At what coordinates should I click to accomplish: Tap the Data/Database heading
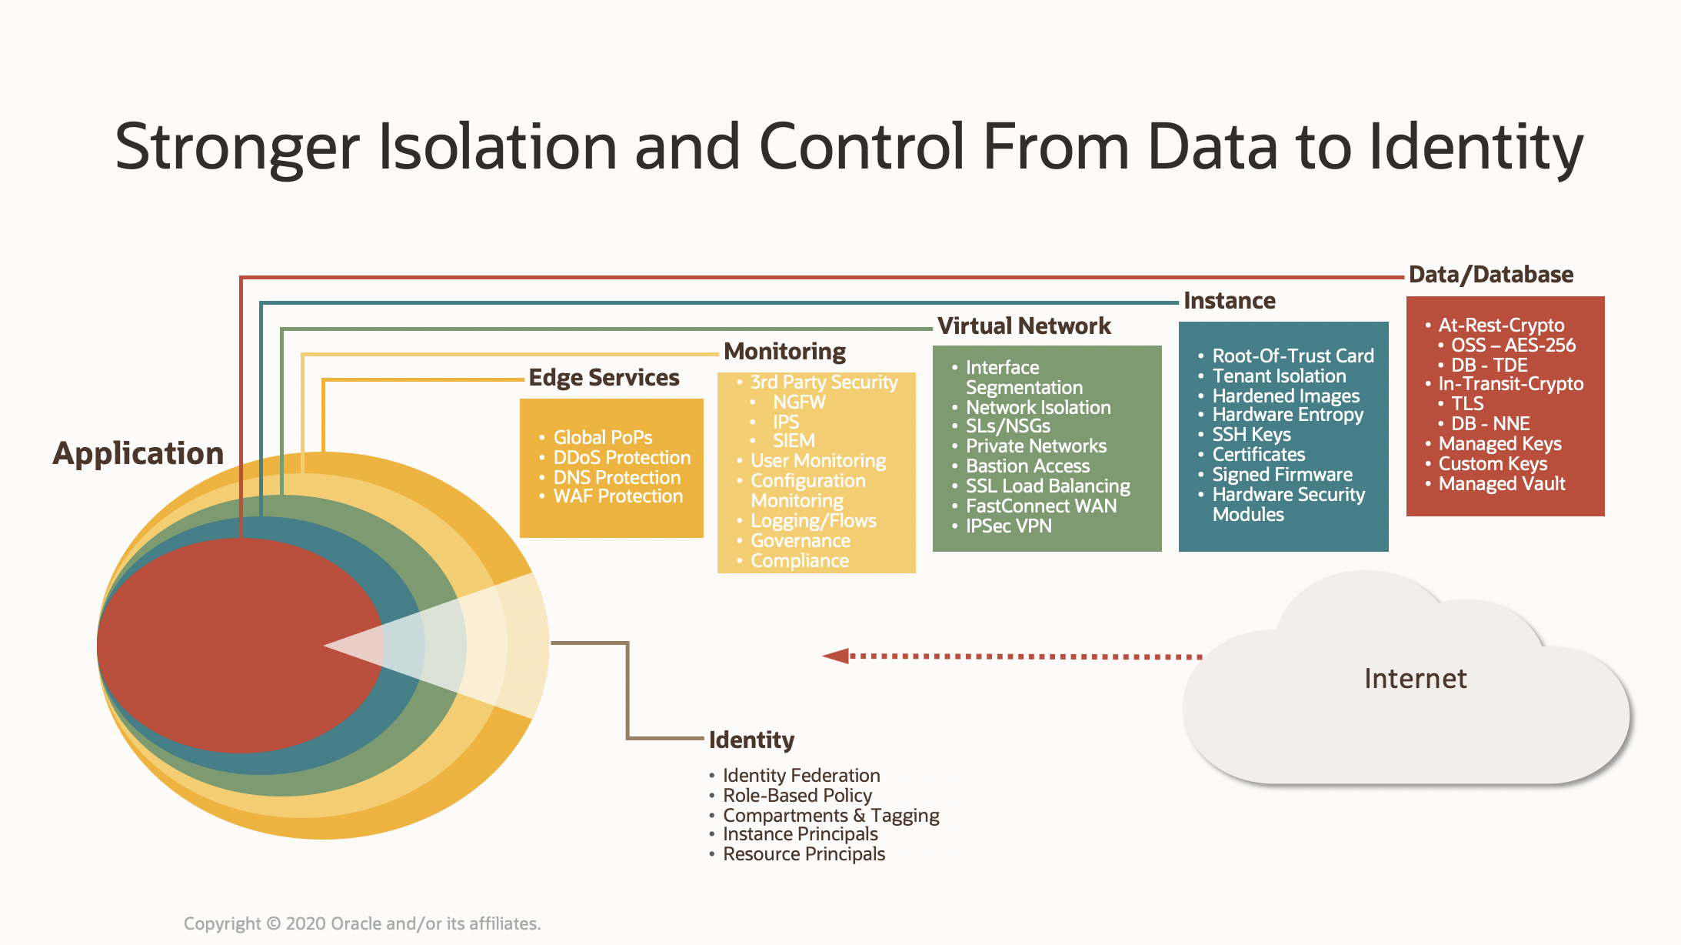pos(1490,275)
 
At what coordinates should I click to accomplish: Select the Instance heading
pos(1229,301)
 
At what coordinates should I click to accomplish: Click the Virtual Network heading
pos(1024,326)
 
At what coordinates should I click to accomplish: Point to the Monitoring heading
pos(784,352)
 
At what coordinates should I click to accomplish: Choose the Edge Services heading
pos(604,378)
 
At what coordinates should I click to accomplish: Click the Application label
pos(138,453)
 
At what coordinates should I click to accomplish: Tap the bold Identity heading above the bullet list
pos(751,740)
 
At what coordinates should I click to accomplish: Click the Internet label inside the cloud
pos(1415,679)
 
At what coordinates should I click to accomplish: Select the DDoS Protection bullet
pos(621,458)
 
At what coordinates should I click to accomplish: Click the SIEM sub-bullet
pos(793,441)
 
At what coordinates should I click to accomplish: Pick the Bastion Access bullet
pos(1027,466)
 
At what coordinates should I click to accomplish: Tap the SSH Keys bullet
pos(1251,435)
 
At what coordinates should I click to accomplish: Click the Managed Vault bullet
pos(1501,484)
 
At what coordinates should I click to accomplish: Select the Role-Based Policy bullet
pos(797,796)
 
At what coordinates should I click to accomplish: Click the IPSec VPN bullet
pos(1008,526)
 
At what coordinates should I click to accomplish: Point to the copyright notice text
pos(362,923)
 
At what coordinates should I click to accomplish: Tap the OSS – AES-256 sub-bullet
pos(1513,346)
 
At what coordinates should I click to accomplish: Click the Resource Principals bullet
pos(804,854)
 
